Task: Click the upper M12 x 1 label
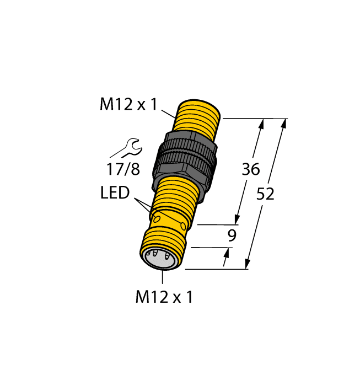tap(128, 104)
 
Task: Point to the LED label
tap(115, 193)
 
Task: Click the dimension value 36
tap(251, 169)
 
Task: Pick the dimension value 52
tap(266, 194)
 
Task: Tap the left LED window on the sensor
tap(157, 219)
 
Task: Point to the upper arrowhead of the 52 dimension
tap(284, 124)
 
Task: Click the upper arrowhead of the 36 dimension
tap(261, 124)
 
